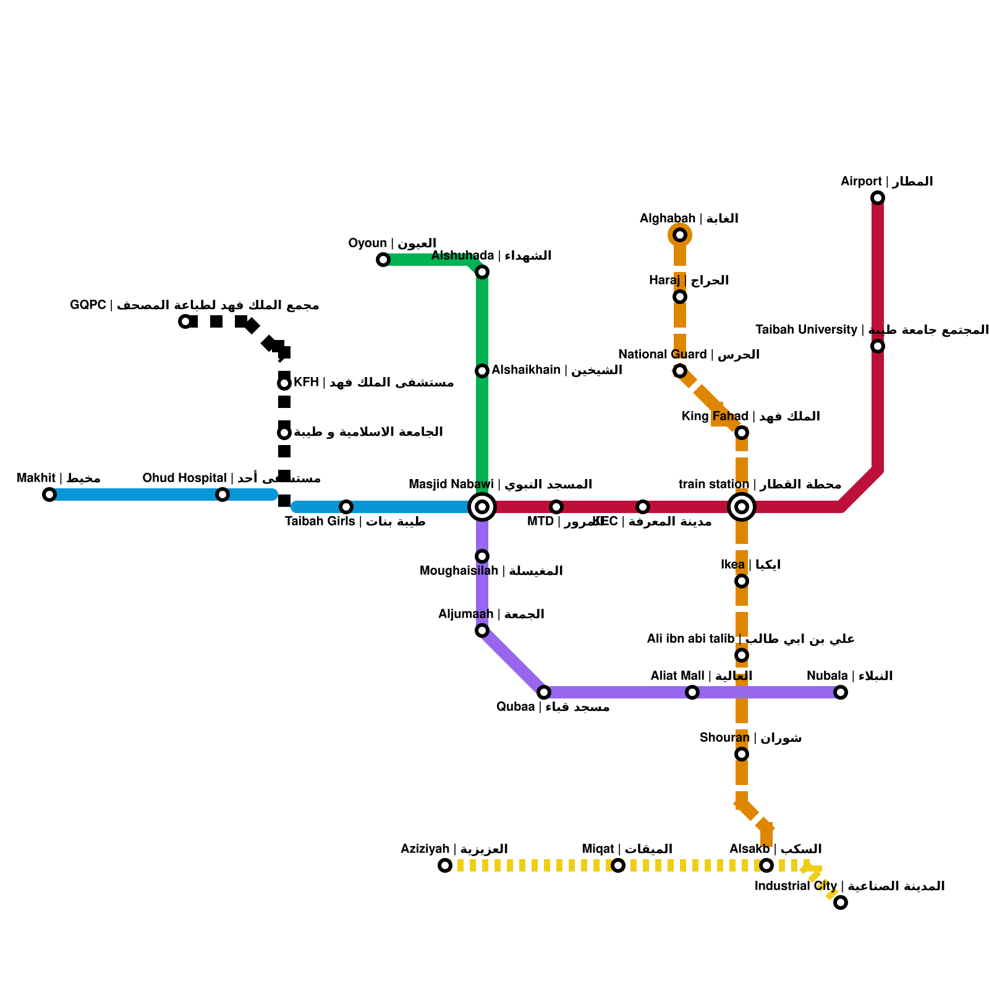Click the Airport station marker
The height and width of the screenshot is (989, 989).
pos(878,198)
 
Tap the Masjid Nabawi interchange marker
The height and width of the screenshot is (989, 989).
pos(482,507)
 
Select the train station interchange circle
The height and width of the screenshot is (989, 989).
pos(742,507)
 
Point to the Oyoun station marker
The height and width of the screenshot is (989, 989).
pos(383,260)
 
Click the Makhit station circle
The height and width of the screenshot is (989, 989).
pos(49,494)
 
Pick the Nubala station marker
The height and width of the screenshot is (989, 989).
pos(841,692)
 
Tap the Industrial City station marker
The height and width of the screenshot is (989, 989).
pos(841,902)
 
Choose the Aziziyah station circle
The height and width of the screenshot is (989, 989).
pos(445,865)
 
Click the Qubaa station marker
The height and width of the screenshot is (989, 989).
pos(544,692)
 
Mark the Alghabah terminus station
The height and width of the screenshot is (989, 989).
pos(680,235)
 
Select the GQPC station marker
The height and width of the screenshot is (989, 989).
pos(185,321)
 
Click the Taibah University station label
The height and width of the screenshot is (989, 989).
pos(872,330)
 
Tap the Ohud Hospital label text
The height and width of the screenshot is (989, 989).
pos(231,478)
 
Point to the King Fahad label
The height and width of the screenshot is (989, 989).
pos(750,417)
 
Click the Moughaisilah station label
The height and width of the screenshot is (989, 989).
pos(491,571)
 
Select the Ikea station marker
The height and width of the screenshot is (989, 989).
pos(742,581)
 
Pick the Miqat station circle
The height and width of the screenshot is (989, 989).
pos(618,865)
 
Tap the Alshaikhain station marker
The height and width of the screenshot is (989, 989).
pos(482,371)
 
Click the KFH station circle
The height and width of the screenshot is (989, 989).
pos(284,383)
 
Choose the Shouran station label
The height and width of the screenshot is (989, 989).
pos(750,738)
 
